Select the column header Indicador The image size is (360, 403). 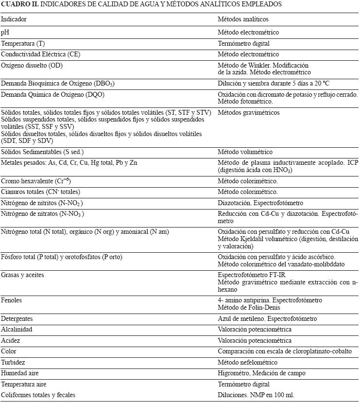14,19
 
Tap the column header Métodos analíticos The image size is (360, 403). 243,19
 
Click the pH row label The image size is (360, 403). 5,33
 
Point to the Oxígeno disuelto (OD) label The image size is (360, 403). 32,66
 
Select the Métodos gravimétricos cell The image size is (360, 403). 248,113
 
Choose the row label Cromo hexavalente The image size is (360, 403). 36,181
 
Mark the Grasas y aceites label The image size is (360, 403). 22,275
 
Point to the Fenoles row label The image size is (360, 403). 12,300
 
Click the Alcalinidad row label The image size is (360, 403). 17,330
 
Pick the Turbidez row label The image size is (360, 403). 13,363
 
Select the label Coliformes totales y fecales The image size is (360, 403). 38,395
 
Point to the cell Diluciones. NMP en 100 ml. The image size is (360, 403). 256,395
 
